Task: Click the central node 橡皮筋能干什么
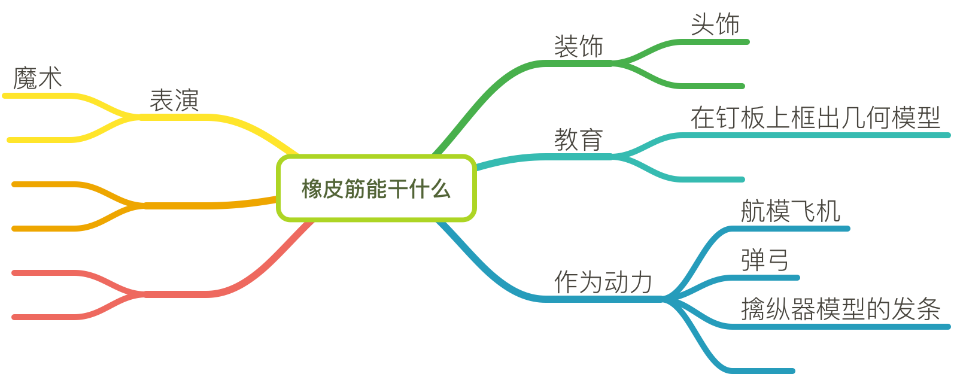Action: tap(376, 188)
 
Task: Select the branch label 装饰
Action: tap(578, 47)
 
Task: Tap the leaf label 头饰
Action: tap(715, 25)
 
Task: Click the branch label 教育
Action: tap(578, 140)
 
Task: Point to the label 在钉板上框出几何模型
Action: tap(815, 117)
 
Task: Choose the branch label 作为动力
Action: tap(603, 282)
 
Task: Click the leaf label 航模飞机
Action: tap(790, 211)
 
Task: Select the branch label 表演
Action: tap(174, 100)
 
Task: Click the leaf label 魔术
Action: tap(37, 78)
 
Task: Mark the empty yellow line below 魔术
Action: tap(42, 140)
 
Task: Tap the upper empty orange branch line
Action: tap(48, 184)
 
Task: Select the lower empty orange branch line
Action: tap(48, 229)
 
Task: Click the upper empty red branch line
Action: tap(48, 273)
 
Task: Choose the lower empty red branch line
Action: tap(48, 317)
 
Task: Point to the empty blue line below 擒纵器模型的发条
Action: tap(760, 371)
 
